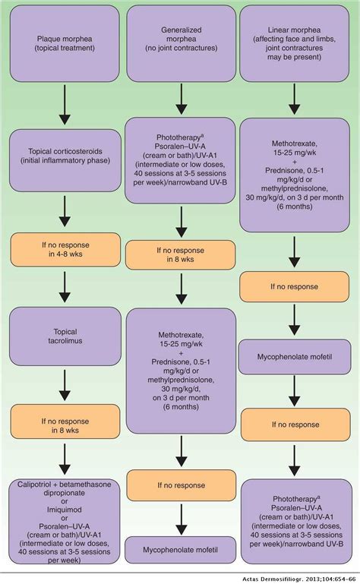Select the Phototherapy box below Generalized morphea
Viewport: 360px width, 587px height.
180,160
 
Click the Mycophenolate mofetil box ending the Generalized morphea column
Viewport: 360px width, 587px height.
180,545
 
